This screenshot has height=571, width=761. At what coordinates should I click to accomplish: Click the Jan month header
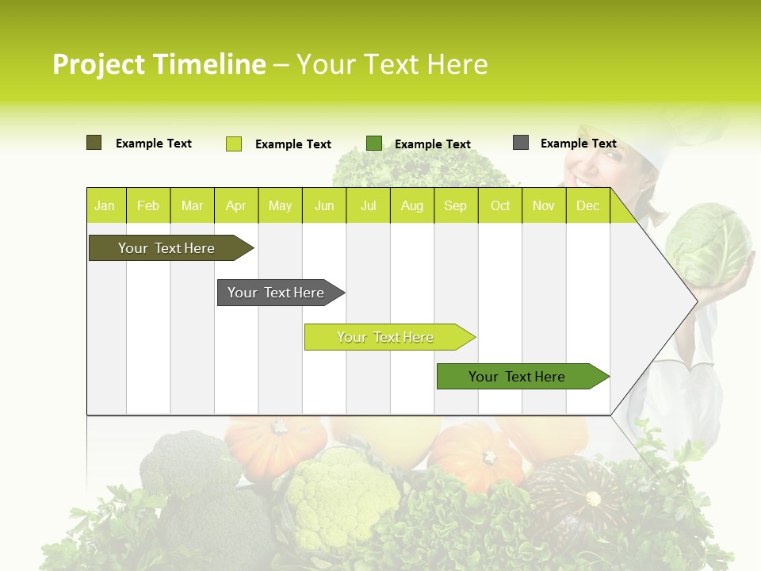click(x=105, y=206)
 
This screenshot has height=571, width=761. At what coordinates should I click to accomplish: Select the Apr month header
click(x=235, y=206)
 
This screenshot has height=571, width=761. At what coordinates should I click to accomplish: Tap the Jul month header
click(x=368, y=206)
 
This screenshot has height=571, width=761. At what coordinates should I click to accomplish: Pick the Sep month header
click(x=455, y=206)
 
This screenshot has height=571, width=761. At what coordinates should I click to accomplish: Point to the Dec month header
click(x=587, y=206)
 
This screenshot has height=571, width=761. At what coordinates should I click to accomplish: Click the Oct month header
click(x=500, y=206)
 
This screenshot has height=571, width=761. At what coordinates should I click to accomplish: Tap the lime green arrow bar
click(x=386, y=337)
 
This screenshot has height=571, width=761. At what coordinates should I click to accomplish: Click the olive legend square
click(x=94, y=143)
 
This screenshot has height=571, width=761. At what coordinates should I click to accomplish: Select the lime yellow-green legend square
click(x=233, y=144)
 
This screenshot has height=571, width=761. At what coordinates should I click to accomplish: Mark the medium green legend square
click(x=374, y=144)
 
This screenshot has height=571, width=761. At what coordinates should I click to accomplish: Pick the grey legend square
click(x=520, y=143)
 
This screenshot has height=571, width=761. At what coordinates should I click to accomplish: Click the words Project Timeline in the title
click(x=159, y=64)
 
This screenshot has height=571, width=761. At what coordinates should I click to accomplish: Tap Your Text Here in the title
click(x=392, y=64)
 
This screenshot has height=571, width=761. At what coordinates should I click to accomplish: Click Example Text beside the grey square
click(x=578, y=144)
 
